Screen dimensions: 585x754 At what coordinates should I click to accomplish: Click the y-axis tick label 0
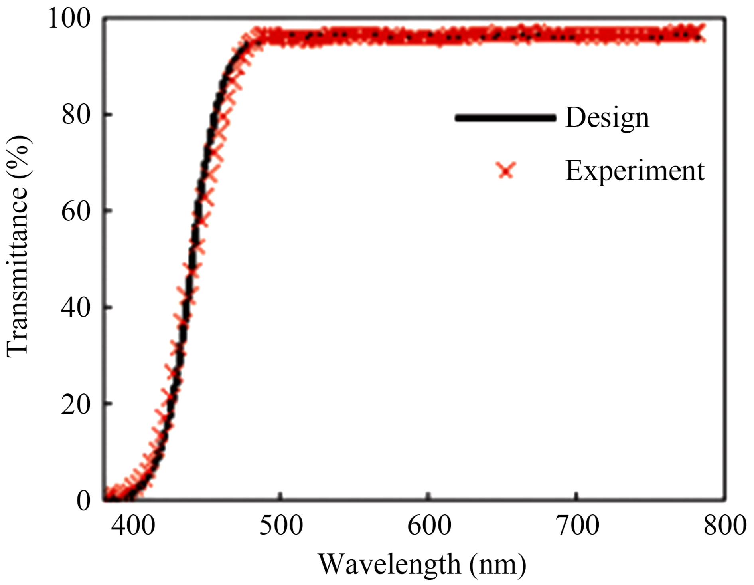(84, 501)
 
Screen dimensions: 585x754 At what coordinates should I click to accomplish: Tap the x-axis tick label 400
(133, 526)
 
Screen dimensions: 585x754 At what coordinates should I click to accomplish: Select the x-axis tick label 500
(281, 526)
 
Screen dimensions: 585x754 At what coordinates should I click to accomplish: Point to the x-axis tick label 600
(429, 526)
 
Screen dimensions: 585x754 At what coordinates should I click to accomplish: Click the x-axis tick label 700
(577, 526)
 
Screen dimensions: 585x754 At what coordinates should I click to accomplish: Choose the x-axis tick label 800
(724, 526)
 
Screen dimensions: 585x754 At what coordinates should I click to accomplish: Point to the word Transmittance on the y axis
(18, 271)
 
